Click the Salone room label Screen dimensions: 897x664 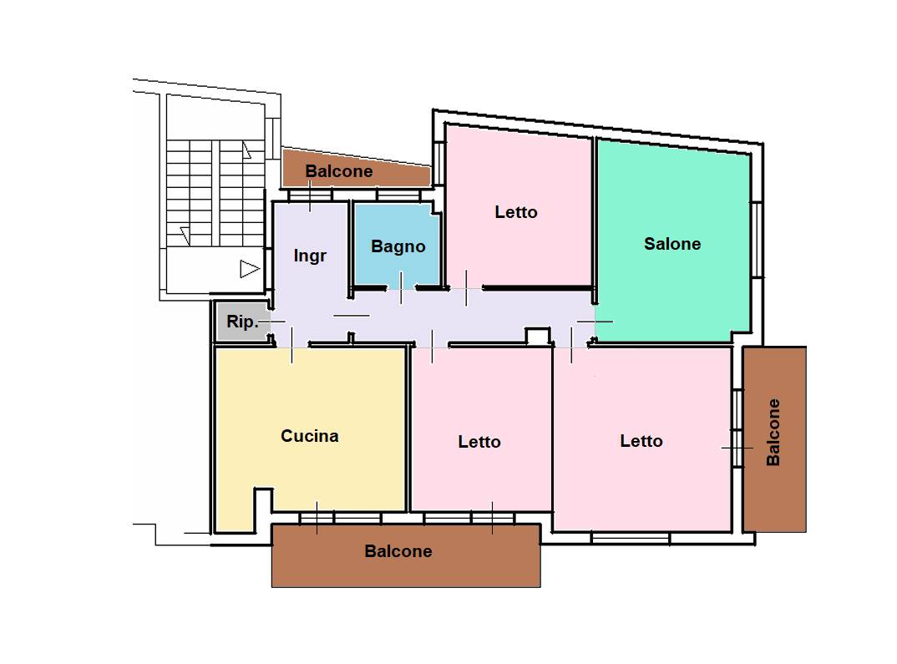(672, 244)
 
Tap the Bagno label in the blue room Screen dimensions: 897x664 (398, 246)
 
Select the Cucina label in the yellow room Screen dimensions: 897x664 (310, 436)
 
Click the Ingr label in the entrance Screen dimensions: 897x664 (310, 256)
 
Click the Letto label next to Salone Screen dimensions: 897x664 (516, 212)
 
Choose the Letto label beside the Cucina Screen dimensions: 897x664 (479, 442)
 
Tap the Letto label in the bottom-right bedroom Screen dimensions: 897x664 (641, 441)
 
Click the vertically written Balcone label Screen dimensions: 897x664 (773, 433)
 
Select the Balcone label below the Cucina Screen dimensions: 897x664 (398, 551)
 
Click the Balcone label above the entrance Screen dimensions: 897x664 (338, 171)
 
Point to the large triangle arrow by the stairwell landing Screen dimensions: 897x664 (250, 269)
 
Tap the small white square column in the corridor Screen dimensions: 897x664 (537, 337)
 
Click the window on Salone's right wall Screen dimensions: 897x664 (757, 240)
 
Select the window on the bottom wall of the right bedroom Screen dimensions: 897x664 (630, 538)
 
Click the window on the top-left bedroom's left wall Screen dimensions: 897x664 (439, 163)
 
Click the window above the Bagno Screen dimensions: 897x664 (398, 195)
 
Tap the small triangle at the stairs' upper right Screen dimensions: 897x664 (246, 150)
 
